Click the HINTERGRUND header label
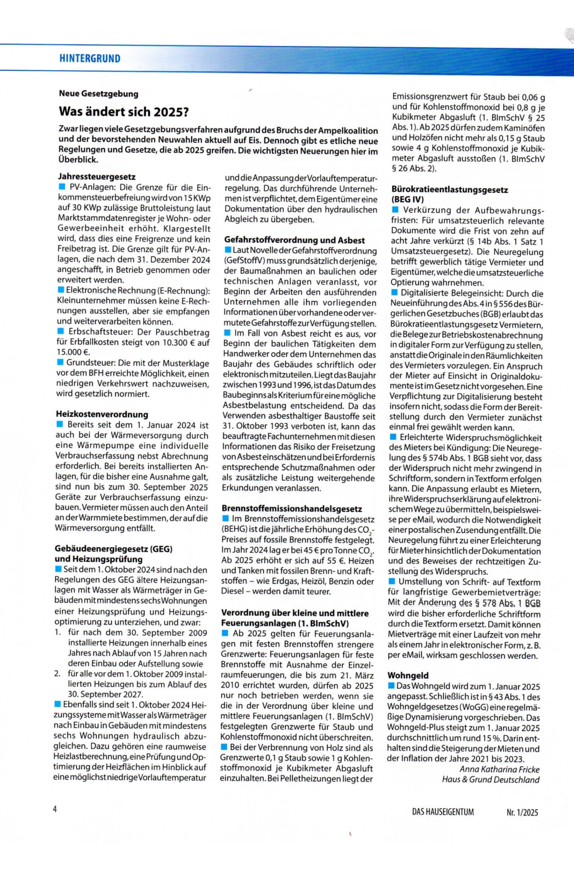pos(90,59)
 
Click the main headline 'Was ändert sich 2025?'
pos(123,111)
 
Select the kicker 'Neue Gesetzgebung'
pos(98,94)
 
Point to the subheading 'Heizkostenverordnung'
pos(102,414)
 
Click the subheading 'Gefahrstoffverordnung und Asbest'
pos(294,240)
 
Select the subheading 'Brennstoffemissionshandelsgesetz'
pos(292,509)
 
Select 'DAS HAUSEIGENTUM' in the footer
pos(442,812)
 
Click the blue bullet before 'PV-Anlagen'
pos(61,187)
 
